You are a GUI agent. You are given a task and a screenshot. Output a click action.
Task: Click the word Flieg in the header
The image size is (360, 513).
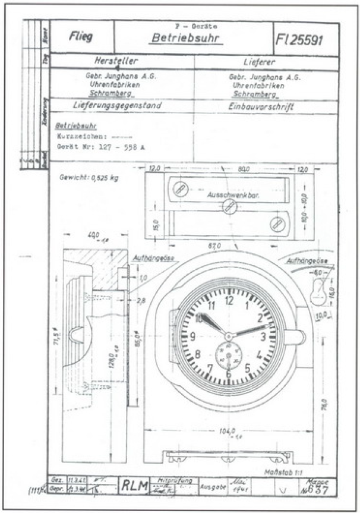(81, 36)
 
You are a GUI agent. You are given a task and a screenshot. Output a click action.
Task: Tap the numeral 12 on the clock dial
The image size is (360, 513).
(229, 301)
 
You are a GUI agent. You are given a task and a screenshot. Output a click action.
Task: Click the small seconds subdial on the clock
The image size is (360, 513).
(228, 355)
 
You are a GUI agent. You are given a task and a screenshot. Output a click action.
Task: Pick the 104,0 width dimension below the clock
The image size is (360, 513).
(228, 431)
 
